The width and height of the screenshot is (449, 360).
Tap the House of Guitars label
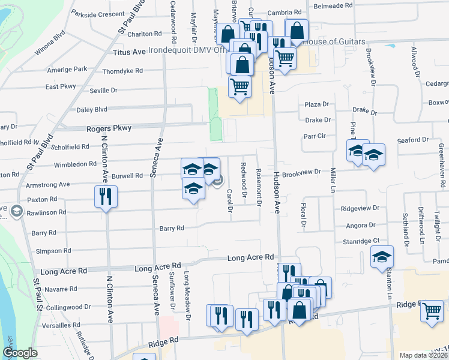pos(334,42)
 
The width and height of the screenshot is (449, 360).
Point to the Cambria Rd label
pos(285,13)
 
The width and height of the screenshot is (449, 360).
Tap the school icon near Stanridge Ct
pos(382,257)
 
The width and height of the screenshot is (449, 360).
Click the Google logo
pos(20,353)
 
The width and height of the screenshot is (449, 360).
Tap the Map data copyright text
pos(424,355)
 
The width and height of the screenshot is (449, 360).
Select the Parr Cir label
pos(314,136)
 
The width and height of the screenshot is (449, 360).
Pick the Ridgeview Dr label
pos(360,208)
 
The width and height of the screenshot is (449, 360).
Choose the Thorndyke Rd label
pos(122,71)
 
